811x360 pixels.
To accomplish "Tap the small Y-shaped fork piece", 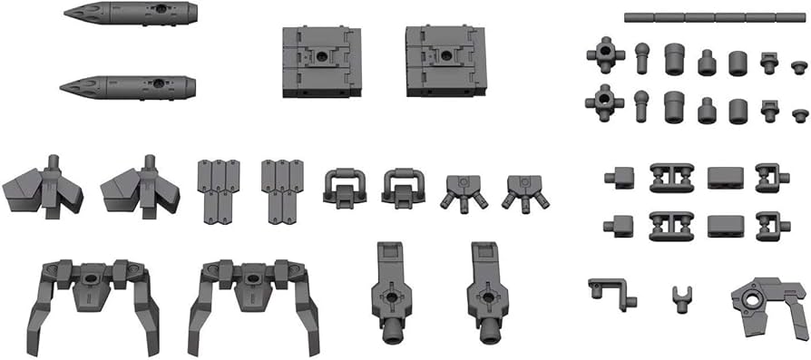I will pos(677,297).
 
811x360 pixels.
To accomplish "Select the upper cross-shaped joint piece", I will pos(605,54).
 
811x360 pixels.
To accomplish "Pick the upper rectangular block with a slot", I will pos(726,177).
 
